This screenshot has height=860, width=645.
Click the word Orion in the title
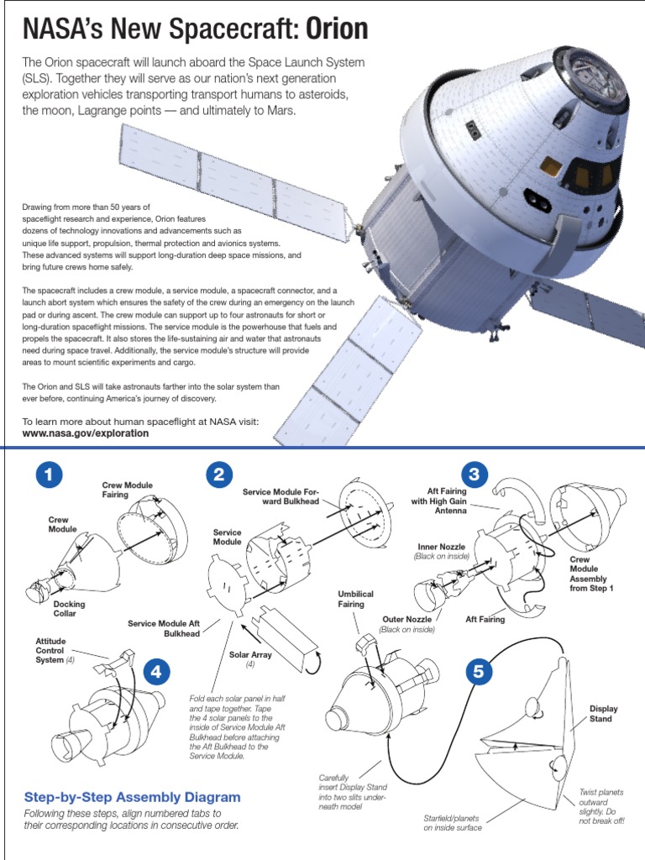(336, 29)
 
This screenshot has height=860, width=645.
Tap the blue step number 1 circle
(50, 475)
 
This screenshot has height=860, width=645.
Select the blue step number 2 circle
(218, 475)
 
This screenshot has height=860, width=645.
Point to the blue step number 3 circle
(475, 475)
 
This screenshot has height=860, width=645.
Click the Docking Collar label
(69, 609)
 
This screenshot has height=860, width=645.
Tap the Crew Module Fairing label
(127, 490)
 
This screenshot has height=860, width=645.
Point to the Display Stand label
(603, 714)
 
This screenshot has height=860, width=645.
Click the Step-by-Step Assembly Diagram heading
(132, 797)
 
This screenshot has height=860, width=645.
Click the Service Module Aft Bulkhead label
(164, 628)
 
